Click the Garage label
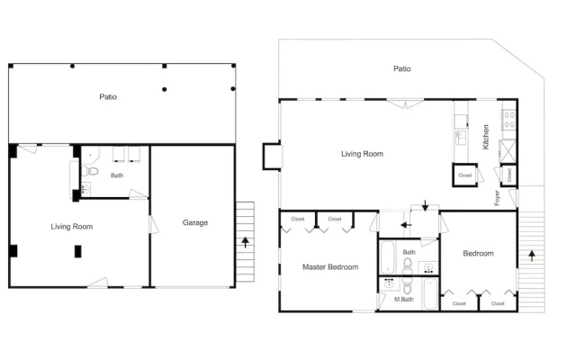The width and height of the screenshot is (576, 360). [x=195, y=222]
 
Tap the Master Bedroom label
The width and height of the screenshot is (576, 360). [x=330, y=267]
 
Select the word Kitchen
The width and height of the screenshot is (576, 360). [x=486, y=137]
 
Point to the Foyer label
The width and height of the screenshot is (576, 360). [x=497, y=198]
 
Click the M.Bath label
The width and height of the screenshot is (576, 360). [x=404, y=300]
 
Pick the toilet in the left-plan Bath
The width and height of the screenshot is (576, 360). [x=90, y=171]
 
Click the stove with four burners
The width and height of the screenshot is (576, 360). [x=509, y=120]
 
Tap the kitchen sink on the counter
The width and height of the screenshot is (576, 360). [x=460, y=138]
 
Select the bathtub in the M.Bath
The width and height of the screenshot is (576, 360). [x=430, y=294]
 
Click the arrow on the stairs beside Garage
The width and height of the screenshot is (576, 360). [x=245, y=242]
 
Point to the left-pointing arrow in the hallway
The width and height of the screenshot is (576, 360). [x=406, y=225]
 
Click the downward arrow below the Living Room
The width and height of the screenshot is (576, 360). [x=425, y=206]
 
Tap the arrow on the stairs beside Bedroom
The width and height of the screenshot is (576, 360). [x=532, y=256]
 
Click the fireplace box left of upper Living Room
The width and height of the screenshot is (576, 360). [x=272, y=156]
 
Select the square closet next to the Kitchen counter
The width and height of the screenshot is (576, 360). [x=464, y=175]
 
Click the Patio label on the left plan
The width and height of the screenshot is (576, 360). [x=108, y=96]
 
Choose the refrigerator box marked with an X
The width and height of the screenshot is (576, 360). [x=508, y=151]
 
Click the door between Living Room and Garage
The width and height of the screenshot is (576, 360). [x=154, y=224]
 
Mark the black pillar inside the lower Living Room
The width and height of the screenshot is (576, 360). [x=78, y=251]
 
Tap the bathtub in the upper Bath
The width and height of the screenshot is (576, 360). [x=388, y=257]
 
